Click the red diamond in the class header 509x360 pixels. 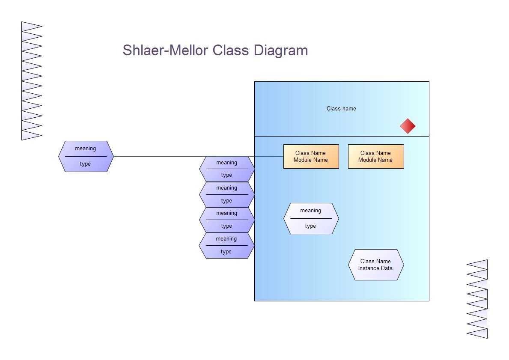(408, 126)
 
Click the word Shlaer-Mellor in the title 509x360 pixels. (165, 51)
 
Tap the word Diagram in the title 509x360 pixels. (281, 51)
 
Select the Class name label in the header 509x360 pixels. (341, 108)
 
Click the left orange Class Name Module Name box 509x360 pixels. (311, 157)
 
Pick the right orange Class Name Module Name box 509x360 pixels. (376, 157)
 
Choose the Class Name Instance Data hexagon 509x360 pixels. (376, 265)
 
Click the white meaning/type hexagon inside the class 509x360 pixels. (311, 218)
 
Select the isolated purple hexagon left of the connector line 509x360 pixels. (86, 157)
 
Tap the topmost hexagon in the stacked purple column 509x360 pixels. (227, 169)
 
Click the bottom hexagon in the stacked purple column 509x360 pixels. (226, 245)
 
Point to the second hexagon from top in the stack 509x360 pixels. (227, 194)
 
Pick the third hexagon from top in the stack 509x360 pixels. (227, 220)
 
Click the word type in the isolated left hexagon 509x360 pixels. (85, 164)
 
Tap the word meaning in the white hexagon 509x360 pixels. (311, 211)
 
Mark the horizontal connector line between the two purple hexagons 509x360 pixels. (199, 157)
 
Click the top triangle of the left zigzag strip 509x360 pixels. (32, 27)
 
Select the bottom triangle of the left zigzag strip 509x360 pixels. (32, 135)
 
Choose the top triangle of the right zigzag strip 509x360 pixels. (477, 265)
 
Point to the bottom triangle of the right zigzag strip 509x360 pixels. (477, 333)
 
